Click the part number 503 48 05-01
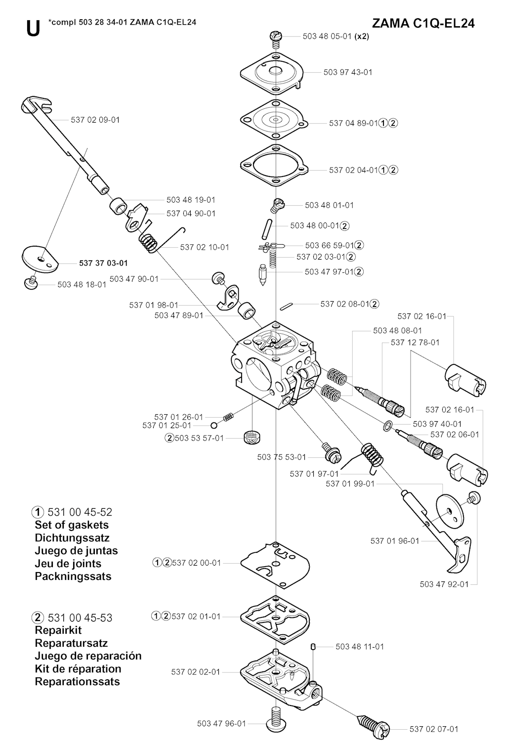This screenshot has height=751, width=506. click(327, 36)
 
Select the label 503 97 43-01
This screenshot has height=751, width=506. click(348, 72)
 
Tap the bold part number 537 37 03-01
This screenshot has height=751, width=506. click(103, 263)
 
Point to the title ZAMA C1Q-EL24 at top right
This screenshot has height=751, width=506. click(423, 23)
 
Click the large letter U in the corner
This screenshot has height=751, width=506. click(33, 29)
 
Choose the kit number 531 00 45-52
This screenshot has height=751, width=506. click(80, 512)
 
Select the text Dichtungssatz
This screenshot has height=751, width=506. click(72, 538)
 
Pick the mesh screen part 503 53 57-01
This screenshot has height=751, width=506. click(252, 437)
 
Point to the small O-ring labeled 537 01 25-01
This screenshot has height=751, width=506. click(214, 426)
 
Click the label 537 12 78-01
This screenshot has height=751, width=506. click(415, 342)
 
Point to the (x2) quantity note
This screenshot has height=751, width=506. click(362, 36)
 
